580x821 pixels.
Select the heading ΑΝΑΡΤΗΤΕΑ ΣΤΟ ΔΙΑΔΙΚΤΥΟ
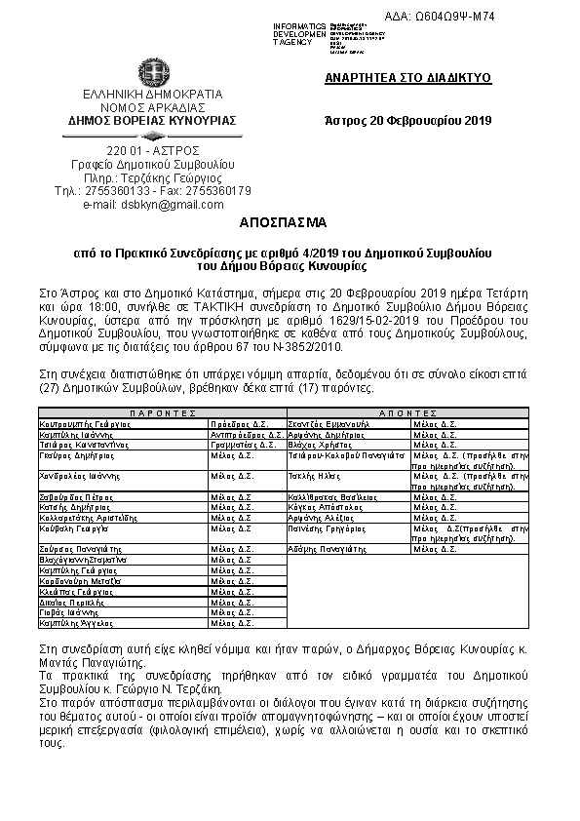[407, 77]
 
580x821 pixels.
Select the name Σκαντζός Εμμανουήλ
[329, 425]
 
